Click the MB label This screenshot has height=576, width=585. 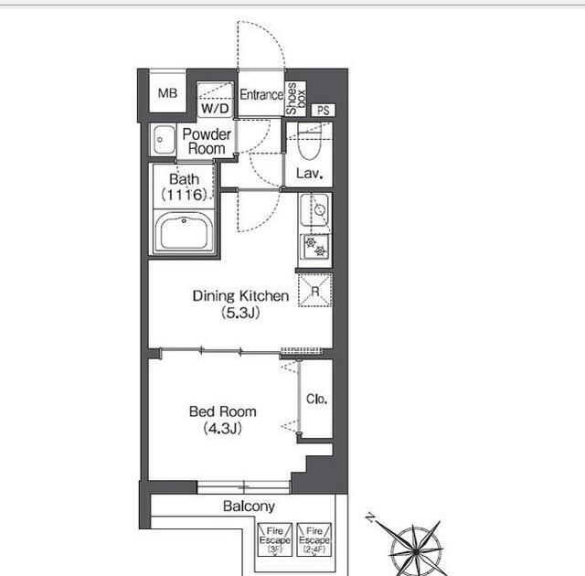pyautogui.click(x=167, y=93)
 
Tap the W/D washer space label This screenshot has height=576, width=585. pyautogui.click(x=215, y=109)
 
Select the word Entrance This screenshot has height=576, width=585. pyautogui.click(x=261, y=95)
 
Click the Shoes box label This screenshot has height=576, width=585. pyautogui.click(x=295, y=99)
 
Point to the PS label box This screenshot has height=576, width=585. pyautogui.click(x=323, y=110)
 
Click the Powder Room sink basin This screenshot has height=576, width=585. pyautogui.click(x=164, y=140)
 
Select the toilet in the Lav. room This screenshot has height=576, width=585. pyautogui.click(x=310, y=142)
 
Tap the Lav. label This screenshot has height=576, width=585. pyautogui.click(x=309, y=173)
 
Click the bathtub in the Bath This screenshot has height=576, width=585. pyautogui.click(x=184, y=232)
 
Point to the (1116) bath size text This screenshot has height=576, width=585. pyautogui.click(x=184, y=195)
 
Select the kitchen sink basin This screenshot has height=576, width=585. pyautogui.click(x=314, y=209)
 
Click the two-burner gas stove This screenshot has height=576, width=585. pyautogui.click(x=315, y=247)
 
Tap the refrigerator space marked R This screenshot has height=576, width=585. pyautogui.click(x=314, y=290)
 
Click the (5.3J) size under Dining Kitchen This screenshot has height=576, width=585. pyautogui.click(x=240, y=313)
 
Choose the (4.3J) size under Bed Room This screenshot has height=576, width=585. pyautogui.click(x=223, y=428)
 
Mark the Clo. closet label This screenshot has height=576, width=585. pyautogui.click(x=317, y=400)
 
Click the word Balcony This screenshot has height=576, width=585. pyautogui.click(x=249, y=507)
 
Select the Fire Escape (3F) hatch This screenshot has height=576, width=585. pyautogui.click(x=274, y=539)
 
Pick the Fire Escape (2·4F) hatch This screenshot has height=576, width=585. pyautogui.click(x=314, y=539)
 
